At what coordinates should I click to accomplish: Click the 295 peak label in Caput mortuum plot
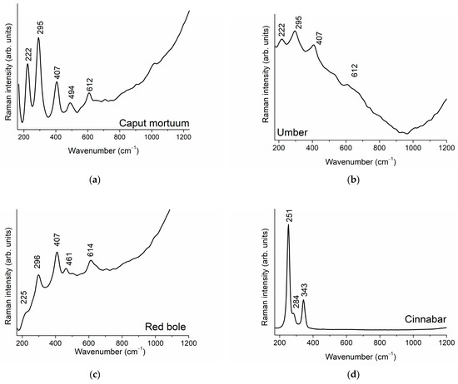[38, 18]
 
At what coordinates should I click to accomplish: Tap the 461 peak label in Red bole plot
[69, 257]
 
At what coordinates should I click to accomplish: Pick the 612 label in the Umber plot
[355, 72]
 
